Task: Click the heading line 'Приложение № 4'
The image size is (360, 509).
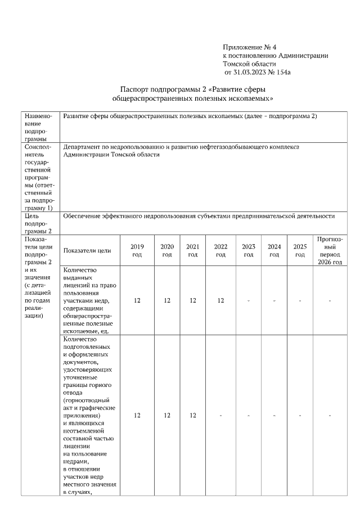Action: (x=250, y=47)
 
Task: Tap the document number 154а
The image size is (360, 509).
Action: (x=281, y=72)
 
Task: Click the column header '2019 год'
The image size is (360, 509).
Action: (x=137, y=251)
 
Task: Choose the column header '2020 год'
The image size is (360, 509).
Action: (x=167, y=251)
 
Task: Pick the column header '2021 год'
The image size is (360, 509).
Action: (x=192, y=251)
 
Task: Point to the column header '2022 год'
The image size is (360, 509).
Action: (x=220, y=251)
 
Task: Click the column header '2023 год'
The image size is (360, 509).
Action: (x=248, y=251)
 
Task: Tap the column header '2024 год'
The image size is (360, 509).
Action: (x=274, y=251)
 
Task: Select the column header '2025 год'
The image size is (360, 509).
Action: (x=300, y=251)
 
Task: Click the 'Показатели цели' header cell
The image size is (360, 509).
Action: (x=87, y=251)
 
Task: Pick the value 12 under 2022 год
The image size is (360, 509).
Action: (x=220, y=301)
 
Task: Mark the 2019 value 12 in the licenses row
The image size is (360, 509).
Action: (x=137, y=301)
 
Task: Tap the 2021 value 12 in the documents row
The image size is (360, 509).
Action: (x=192, y=416)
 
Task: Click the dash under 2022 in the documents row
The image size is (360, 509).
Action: (x=220, y=416)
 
